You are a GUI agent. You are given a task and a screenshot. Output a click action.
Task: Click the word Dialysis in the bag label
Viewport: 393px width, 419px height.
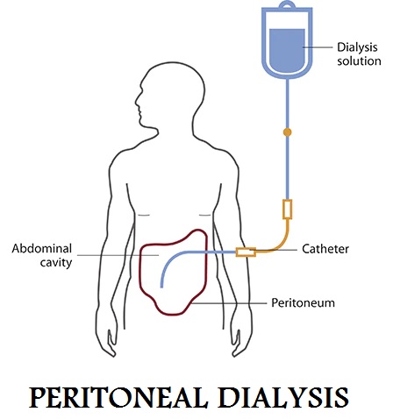[x=357, y=47]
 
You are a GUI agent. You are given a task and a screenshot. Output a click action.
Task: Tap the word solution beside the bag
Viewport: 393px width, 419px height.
[x=359, y=61]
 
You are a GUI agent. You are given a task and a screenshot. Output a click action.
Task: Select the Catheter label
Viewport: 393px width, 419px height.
[x=325, y=249]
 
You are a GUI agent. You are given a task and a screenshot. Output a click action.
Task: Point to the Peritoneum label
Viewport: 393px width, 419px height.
[x=303, y=302]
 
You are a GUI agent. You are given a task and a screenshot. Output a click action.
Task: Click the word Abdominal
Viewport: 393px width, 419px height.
[x=42, y=249]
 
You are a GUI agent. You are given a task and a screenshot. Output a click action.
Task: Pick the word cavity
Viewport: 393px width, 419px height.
[x=56, y=263]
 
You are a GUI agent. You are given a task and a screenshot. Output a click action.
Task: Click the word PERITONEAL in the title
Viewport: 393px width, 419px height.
[x=118, y=397]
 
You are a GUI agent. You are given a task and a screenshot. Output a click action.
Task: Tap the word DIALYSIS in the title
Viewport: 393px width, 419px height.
[x=284, y=397]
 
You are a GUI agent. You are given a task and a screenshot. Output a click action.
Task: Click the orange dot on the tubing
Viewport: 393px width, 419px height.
[x=288, y=132]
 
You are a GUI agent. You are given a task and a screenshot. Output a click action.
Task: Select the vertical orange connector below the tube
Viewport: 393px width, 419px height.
[x=288, y=209]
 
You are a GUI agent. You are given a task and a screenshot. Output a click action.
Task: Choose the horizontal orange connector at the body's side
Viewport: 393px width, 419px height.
[x=246, y=252]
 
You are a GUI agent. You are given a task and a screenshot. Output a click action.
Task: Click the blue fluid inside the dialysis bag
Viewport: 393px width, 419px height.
[x=287, y=48]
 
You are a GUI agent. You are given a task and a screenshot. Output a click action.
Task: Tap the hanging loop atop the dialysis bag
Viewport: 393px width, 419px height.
[x=287, y=5]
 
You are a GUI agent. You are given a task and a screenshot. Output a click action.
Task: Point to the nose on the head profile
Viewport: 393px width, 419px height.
[x=137, y=102]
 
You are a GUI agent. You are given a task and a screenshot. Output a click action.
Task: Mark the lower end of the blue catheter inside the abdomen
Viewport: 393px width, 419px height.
[x=161, y=287]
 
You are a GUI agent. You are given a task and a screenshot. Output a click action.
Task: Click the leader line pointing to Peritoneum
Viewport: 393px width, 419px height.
[x=229, y=303]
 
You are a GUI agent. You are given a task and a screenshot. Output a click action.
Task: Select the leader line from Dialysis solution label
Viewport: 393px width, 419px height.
[x=318, y=47]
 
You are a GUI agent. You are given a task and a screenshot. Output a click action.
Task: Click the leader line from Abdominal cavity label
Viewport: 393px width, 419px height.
[x=118, y=255]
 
